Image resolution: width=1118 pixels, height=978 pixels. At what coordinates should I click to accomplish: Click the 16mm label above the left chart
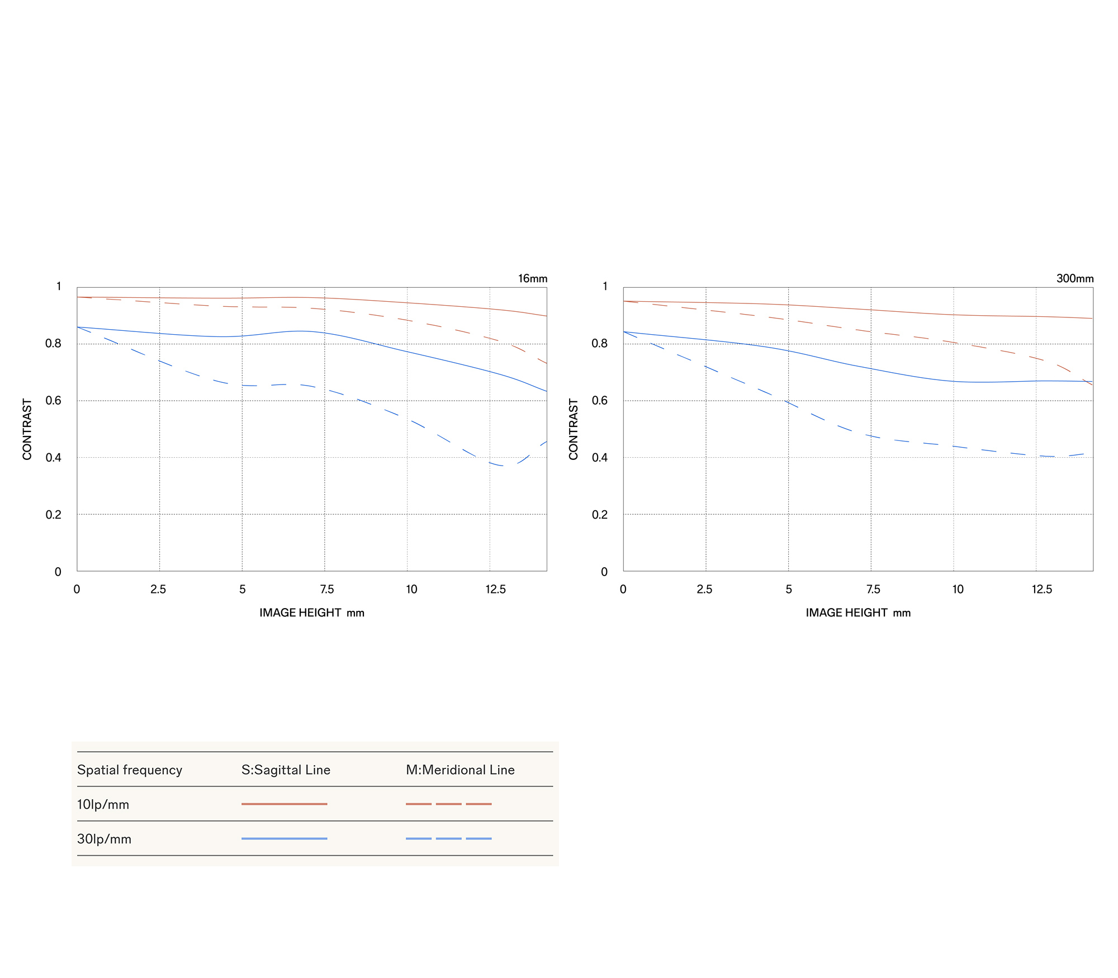[x=532, y=278]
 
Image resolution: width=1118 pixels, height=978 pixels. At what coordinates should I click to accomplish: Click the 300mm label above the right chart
[x=1074, y=278]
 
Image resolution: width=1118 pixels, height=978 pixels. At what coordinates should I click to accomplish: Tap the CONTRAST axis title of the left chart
[x=27, y=429]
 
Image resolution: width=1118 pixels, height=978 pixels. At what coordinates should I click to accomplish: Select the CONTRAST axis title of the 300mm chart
[x=573, y=429]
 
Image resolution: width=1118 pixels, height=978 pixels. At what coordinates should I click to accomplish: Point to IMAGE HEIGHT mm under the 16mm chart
[x=311, y=613]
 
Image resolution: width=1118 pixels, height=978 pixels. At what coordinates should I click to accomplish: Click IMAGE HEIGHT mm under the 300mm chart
[x=858, y=613]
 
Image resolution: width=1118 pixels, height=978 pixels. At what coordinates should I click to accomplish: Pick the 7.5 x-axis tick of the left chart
[x=326, y=589]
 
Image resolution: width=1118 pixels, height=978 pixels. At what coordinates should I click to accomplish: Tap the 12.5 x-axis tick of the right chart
[x=1041, y=589]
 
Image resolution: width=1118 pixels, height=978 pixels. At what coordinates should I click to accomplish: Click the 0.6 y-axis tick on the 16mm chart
[x=54, y=400]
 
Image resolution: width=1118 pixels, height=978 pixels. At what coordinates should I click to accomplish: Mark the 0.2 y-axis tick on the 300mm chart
[x=599, y=514]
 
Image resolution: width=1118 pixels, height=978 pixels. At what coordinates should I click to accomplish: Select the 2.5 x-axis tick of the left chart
[x=158, y=589]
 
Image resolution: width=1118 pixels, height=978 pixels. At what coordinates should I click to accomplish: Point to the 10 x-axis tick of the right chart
[x=958, y=589]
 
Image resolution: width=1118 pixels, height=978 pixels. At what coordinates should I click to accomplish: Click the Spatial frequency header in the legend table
[x=130, y=770]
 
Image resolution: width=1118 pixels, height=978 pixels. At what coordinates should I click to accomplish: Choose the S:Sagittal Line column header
[x=286, y=770]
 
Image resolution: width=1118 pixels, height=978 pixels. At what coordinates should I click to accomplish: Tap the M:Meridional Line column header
[x=460, y=770]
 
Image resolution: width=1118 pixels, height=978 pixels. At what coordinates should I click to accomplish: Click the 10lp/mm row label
[x=103, y=804]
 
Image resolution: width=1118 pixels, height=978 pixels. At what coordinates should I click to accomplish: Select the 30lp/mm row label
[x=104, y=839]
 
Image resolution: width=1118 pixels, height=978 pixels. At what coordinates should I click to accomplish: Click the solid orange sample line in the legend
[x=284, y=804]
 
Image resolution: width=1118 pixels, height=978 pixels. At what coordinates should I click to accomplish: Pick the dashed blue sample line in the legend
[x=448, y=838]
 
